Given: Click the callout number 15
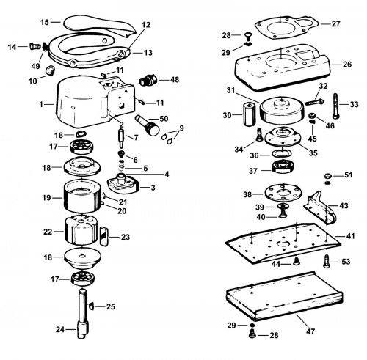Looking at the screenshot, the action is click(x=45, y=22).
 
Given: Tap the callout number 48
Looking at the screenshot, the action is click(x=175, y=80).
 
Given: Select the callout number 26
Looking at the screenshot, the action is click(x=347, y=65).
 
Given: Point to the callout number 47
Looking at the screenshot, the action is click(x=310, y=331).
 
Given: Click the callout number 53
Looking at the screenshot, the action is click(x=346, y=262).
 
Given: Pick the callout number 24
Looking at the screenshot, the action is click(x=60, y=329).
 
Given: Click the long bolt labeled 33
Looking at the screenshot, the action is click(x=335, y=106).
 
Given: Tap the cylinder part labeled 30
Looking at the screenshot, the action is click(x=249, y=114).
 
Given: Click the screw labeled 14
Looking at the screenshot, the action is click(x=35, y=46).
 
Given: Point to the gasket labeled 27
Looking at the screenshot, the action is click(x=286, y=26).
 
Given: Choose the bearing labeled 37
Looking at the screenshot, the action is click(x=283, y=166).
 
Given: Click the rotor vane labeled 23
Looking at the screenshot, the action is click(x=104, y=236).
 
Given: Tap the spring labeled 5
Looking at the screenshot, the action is click(x=120, y=166).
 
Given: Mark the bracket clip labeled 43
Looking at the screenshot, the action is click(x=321, y=208).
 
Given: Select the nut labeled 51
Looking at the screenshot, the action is click(x=328, y=176).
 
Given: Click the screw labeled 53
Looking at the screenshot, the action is click(x=327, y=261).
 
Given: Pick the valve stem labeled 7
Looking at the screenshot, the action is click(x=121, y=138).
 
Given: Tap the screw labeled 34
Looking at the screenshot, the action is click(x=259, y=135).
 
